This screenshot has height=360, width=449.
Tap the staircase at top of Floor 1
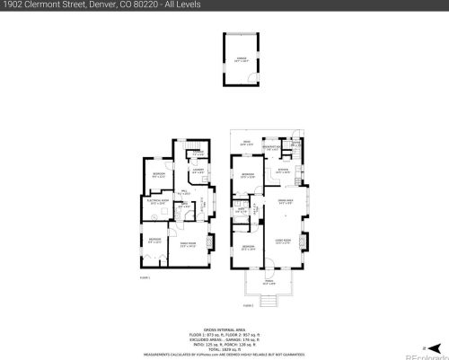tap(195, 149)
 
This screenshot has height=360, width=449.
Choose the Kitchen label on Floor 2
tap(282, 170)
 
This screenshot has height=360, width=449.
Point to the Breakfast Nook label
tap(281, 149)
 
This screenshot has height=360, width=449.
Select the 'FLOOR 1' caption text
tap(145, 279)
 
